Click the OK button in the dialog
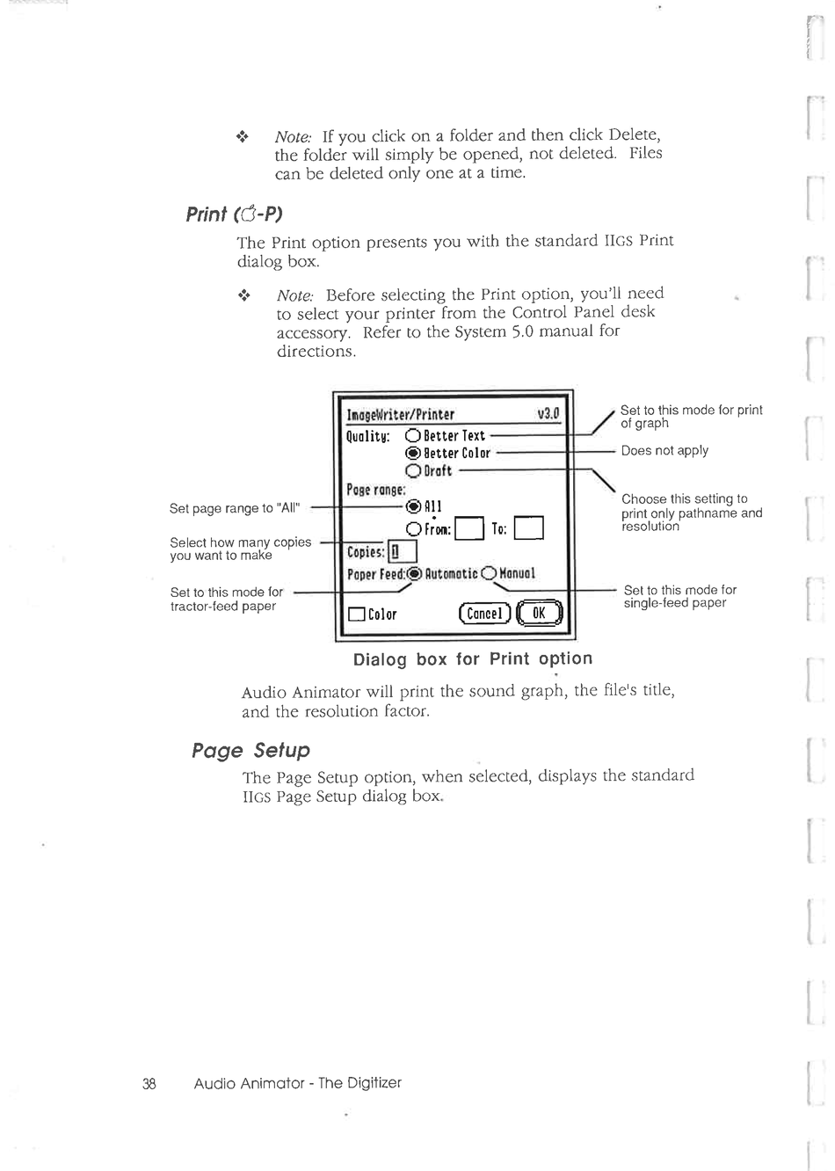(540, 613)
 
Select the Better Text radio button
(412, 435)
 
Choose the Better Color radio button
(412, 453)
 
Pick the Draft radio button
(412, 470)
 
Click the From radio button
(414, 528)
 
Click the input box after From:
(470, 528)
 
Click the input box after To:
(529, 528)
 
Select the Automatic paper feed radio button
(416, 574)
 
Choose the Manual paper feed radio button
(489, 574)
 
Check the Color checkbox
(356, 615)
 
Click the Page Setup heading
(251, 750)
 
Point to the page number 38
(149, 1083)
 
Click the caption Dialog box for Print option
(473, 658)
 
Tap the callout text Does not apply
(664, 450)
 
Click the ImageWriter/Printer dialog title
(401, 415)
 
